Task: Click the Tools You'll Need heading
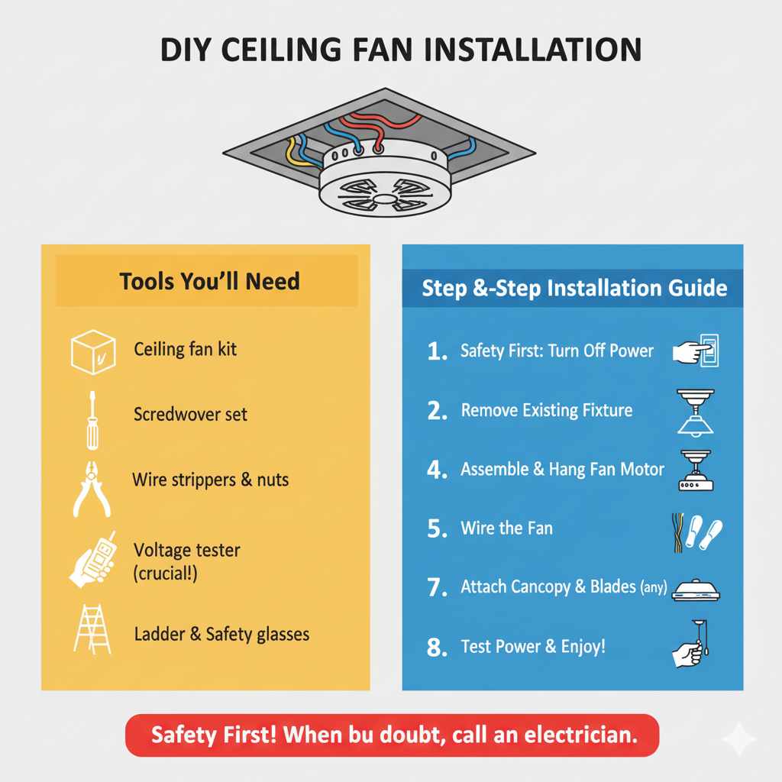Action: coord(209,281)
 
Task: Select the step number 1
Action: coord(437,352)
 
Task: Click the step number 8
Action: coord(437,648)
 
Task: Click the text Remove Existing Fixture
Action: coord(547,411)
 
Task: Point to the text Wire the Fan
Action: coord(506,528)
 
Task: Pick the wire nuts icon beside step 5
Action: coord(703,530)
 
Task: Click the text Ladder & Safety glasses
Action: coord(221,634)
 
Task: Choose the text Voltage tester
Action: coord(187,550)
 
